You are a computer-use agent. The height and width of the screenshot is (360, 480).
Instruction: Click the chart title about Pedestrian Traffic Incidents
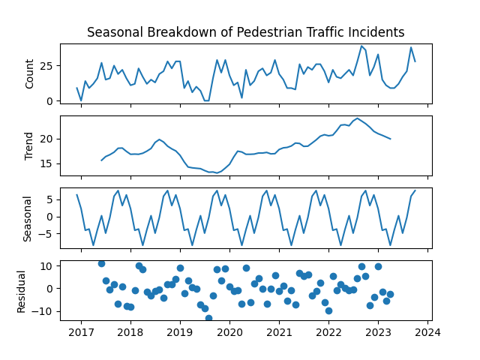[245, 32]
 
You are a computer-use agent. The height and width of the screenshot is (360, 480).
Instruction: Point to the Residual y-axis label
[22, 289]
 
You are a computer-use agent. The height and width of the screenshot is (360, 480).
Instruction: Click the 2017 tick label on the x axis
[81, 333]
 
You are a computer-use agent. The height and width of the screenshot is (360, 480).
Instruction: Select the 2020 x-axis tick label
[229, 333]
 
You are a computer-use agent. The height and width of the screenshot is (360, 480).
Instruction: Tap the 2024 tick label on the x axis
[428, 333]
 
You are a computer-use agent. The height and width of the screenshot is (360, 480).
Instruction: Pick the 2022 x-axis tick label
[329, 333]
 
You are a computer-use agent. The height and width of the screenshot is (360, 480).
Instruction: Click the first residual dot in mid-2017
[101, 263]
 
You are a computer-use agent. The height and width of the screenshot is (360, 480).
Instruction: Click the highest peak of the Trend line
[358, 118]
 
